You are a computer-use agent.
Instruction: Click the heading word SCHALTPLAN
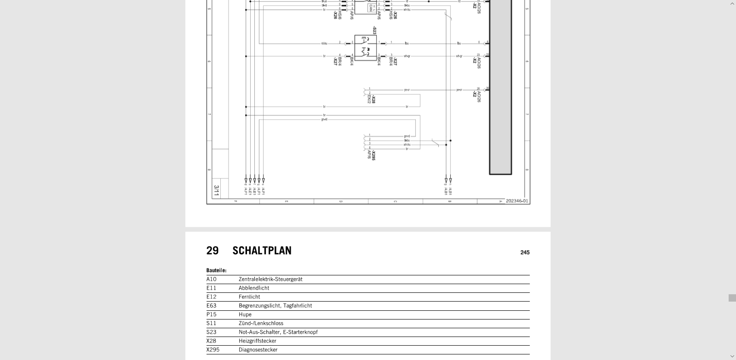(262, 251)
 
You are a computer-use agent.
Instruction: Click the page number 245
(525, 252)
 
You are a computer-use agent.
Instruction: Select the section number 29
(213, 251)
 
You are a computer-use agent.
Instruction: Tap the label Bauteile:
(216, 270)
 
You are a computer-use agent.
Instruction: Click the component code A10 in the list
(211, 279)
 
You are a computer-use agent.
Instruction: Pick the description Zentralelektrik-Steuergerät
(270, 279)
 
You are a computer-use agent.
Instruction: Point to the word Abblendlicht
(254, 288)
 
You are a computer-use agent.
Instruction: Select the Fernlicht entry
(249, 297)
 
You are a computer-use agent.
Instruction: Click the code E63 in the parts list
(211, 306)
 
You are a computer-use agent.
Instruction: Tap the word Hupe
(245, 314)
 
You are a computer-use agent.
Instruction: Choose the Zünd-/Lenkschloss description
(261, 323)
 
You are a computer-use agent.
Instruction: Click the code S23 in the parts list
(211, 332)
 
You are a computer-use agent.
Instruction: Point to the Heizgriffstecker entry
(257, 341)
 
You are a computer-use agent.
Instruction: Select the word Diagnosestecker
(258, 350)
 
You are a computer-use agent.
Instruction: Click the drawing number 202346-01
(517, 201)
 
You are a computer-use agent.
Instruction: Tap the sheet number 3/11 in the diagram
(216, 191)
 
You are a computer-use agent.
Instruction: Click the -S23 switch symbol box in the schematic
(365, 48)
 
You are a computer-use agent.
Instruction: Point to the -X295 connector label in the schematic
(374, 156)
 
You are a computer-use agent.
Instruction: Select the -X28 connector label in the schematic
(374, 99)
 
